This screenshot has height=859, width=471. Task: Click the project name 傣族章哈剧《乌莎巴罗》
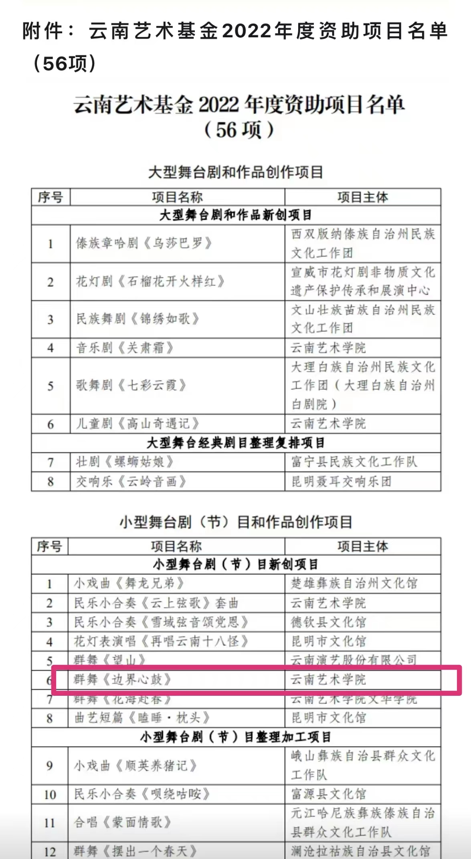coord(144,243)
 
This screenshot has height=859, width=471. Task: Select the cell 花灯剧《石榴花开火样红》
coord(150,282)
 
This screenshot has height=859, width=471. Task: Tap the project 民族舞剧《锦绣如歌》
coord(137,319)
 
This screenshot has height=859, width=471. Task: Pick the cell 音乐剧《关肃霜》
coord(125,348)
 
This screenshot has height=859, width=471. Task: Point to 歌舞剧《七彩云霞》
coord(131,385)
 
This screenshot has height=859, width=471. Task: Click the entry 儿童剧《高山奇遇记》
coord(137,423)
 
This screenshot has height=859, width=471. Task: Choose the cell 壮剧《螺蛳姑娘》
coord(125,462)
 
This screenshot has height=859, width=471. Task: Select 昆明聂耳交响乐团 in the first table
coord(341,481)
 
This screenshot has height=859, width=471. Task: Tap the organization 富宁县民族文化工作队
coord(354,462)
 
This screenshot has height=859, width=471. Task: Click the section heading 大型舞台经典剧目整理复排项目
coord(236,443)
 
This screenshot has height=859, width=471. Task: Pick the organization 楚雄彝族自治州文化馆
coord(354,583)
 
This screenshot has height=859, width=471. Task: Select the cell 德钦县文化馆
coord(328,622)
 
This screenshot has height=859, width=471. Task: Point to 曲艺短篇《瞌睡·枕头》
coord(142,717)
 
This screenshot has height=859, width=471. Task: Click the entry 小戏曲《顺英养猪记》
coord(135,766)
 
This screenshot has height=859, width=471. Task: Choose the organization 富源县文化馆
coord(328,794)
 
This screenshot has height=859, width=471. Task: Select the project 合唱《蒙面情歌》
coord(123,823)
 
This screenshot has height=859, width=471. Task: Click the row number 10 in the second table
coord(50,794)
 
